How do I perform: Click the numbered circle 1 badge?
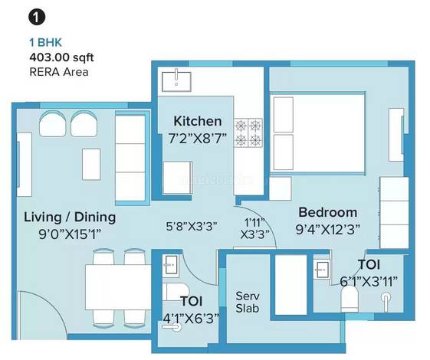coord(37,18)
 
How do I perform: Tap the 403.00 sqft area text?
coord(61,57)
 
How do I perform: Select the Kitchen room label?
coord(198,121)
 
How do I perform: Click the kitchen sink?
coord(176,81)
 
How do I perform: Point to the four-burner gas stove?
coord(248,133)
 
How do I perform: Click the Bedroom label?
coord(328,212)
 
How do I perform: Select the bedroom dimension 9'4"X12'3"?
coord(328,229)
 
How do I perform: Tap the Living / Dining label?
coord(70,218)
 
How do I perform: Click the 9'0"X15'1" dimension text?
coord(70,234)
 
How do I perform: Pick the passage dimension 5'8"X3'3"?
coord(192,226)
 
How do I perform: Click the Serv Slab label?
coord(248,303)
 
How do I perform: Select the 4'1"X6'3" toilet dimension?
coord(191,319)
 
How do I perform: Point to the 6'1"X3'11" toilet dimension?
coord(369,281)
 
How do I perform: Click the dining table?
coord(118,286)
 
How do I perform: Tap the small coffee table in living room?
coord(91,165)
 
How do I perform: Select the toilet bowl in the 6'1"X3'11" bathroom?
coord(349,299)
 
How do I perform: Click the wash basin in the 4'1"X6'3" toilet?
coord(171,265)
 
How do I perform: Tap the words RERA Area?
coord(59,72)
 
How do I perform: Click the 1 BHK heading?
coord(45,42)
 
